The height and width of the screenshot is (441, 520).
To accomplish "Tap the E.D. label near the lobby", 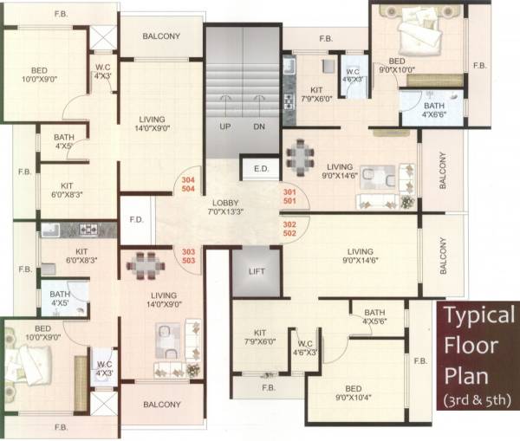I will coord(260,169).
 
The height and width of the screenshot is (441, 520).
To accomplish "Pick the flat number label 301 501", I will coord(290,196).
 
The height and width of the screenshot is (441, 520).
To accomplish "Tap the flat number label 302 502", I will coord(290,228).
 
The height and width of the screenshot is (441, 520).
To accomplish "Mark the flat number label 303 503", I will coord(187,256).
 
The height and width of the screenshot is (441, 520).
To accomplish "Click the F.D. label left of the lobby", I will coord(136,219).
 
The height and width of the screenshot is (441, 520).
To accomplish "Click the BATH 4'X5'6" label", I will coord(374,317).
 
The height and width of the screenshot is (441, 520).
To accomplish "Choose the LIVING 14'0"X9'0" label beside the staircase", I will coord(160,126).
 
